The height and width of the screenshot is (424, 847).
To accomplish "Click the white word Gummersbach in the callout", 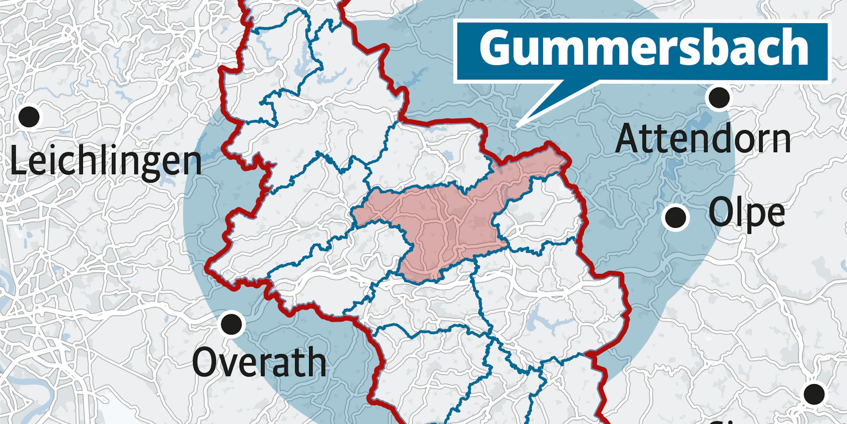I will tap(644, 47).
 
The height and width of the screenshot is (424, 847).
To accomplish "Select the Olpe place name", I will tap(747, 213).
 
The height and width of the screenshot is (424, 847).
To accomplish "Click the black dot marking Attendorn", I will tap(719, 98).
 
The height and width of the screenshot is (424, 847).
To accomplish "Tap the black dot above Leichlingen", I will tap(29, 117).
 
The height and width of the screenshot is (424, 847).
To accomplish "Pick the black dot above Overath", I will tap(231, 324).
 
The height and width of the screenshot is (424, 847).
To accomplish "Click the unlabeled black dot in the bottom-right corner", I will tap(814, 394).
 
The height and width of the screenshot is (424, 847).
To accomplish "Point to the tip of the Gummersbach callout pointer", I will tap(518, 126).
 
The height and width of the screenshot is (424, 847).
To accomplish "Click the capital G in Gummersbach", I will tap(495, 47).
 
